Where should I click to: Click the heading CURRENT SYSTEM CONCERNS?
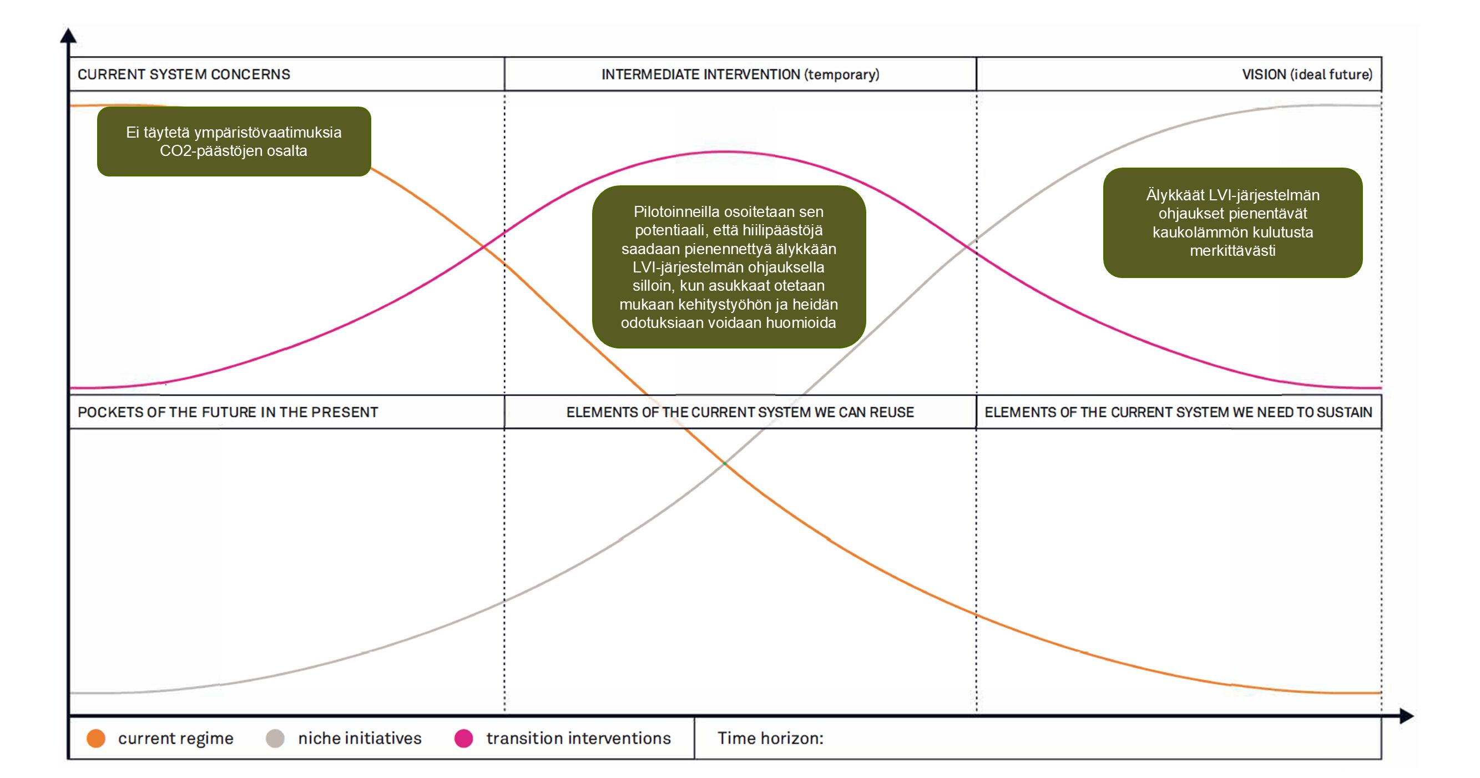(x=184, y=75)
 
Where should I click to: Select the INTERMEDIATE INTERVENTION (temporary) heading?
(x=740, y=75)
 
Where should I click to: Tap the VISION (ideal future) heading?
(x=1306, y=75)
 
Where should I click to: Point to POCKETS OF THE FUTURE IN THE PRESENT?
(x=228, y=412)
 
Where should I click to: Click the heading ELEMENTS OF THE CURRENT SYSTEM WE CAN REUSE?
(x=740, y=412)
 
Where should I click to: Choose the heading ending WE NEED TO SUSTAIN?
(x=1178, y=412)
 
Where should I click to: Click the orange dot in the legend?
(x=96, y=739)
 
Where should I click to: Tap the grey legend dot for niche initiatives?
(x=275, y=739)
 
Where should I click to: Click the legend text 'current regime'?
(x=176, y=739)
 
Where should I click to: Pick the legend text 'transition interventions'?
(x=579, y=739)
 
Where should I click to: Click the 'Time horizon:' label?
(x=770, y=739)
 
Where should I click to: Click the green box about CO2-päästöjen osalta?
(x=234, y=142)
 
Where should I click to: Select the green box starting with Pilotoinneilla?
(x=729, y=266)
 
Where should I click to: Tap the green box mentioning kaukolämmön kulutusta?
(x=1233, y=223)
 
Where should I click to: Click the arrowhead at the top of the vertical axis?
(x=68, y=36)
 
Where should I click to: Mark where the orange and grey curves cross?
(x=725, y=463)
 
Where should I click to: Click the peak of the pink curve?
(x=725, y=151)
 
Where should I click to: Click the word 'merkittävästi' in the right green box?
(x=1233, y=251)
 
